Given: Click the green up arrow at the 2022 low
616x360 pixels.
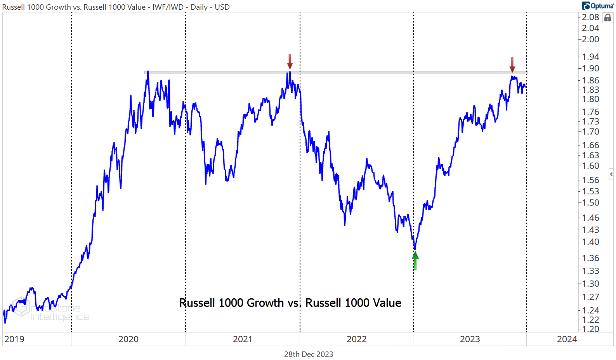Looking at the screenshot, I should point(415,260).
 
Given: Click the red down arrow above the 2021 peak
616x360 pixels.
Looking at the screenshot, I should point(290,62).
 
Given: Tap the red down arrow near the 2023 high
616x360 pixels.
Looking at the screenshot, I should point(512,65).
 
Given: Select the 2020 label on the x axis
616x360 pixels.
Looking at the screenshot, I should point(128,339).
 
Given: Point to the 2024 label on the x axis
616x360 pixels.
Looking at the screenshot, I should point(567,339).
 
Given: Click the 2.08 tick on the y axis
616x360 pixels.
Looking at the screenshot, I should point(590,17).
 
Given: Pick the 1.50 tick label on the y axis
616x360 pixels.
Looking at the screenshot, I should point(590,202).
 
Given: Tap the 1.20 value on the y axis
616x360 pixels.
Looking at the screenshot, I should point(590,329).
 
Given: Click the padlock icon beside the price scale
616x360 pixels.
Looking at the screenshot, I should point(608,18).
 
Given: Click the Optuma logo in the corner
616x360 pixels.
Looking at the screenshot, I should point(598,6).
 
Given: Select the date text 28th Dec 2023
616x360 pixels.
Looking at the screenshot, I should point(309,354).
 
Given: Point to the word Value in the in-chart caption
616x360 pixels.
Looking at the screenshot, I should point(387,303).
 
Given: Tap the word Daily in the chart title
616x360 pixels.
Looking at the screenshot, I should point(199,7).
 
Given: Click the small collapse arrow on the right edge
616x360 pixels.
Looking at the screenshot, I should point(611,174).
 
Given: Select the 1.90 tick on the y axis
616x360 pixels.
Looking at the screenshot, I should point(590,68).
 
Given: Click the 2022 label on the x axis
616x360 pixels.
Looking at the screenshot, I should point(356,339).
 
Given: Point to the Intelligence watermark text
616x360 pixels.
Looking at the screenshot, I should point(60,317).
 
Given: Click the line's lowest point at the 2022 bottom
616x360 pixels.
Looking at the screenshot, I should point(415,249).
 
